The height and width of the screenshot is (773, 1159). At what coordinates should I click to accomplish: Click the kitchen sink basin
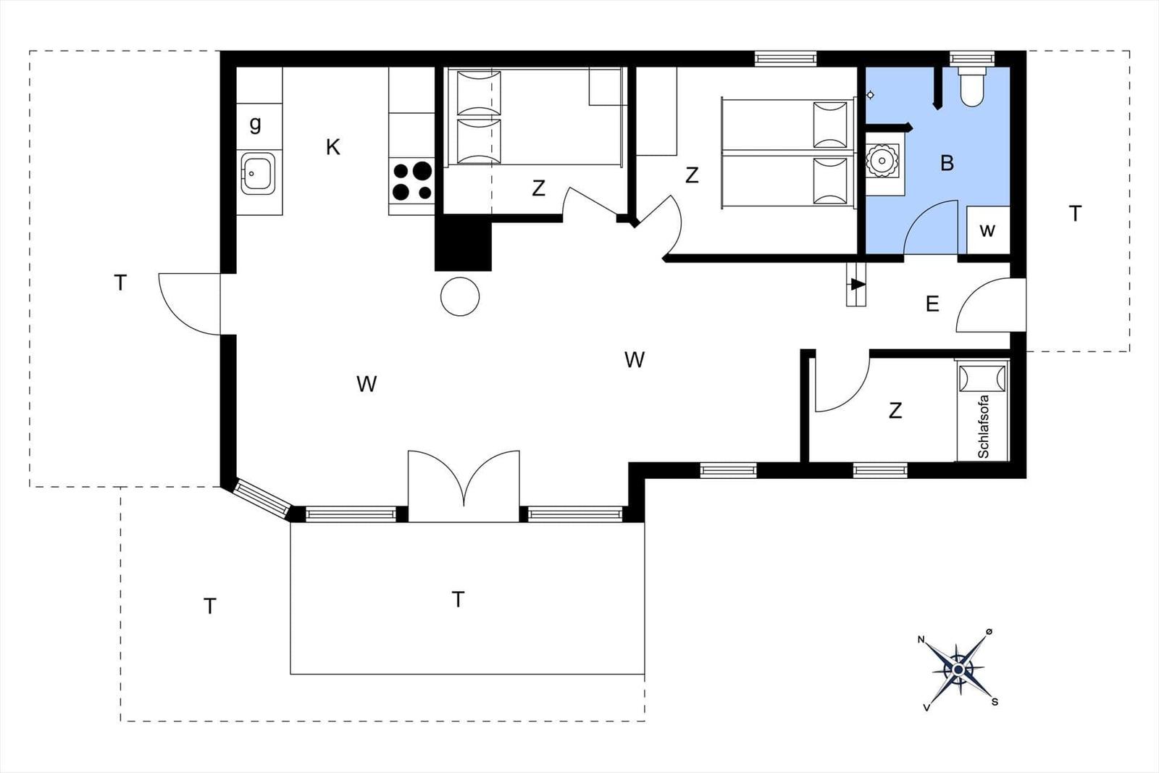point(259,173)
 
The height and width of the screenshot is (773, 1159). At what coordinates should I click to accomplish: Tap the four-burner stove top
point(412,181)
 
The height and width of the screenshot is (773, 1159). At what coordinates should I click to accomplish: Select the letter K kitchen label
point(332,148)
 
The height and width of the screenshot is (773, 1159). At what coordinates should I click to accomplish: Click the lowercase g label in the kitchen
point(255,124)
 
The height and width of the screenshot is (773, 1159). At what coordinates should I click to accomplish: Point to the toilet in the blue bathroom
point(971,87)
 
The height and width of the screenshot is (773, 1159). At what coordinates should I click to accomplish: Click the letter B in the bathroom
point(947,163)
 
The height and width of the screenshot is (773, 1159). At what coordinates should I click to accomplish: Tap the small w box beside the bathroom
point(988,230)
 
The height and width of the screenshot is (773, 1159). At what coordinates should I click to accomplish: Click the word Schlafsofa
point(984,427)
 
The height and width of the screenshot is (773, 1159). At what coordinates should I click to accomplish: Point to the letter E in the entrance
point(932,304)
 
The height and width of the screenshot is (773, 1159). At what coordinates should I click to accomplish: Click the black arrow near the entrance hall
point(858,284)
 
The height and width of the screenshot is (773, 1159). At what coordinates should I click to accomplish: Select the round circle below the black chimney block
point(460,296)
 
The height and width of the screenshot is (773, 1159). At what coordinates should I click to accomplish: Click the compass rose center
point(958,670)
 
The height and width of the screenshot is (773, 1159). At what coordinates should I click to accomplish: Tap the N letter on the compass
point(921,640)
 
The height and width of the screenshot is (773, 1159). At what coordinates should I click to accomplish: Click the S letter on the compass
point(995,702)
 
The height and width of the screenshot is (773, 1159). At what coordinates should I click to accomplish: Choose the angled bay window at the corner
point(261,498)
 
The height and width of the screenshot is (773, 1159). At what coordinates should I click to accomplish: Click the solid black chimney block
point(463,243)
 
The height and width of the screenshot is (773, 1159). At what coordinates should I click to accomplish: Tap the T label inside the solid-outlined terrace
point(458,599)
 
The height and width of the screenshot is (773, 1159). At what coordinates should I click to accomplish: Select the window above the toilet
point(972,58)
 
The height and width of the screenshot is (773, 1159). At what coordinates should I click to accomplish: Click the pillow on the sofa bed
point(982,379)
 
